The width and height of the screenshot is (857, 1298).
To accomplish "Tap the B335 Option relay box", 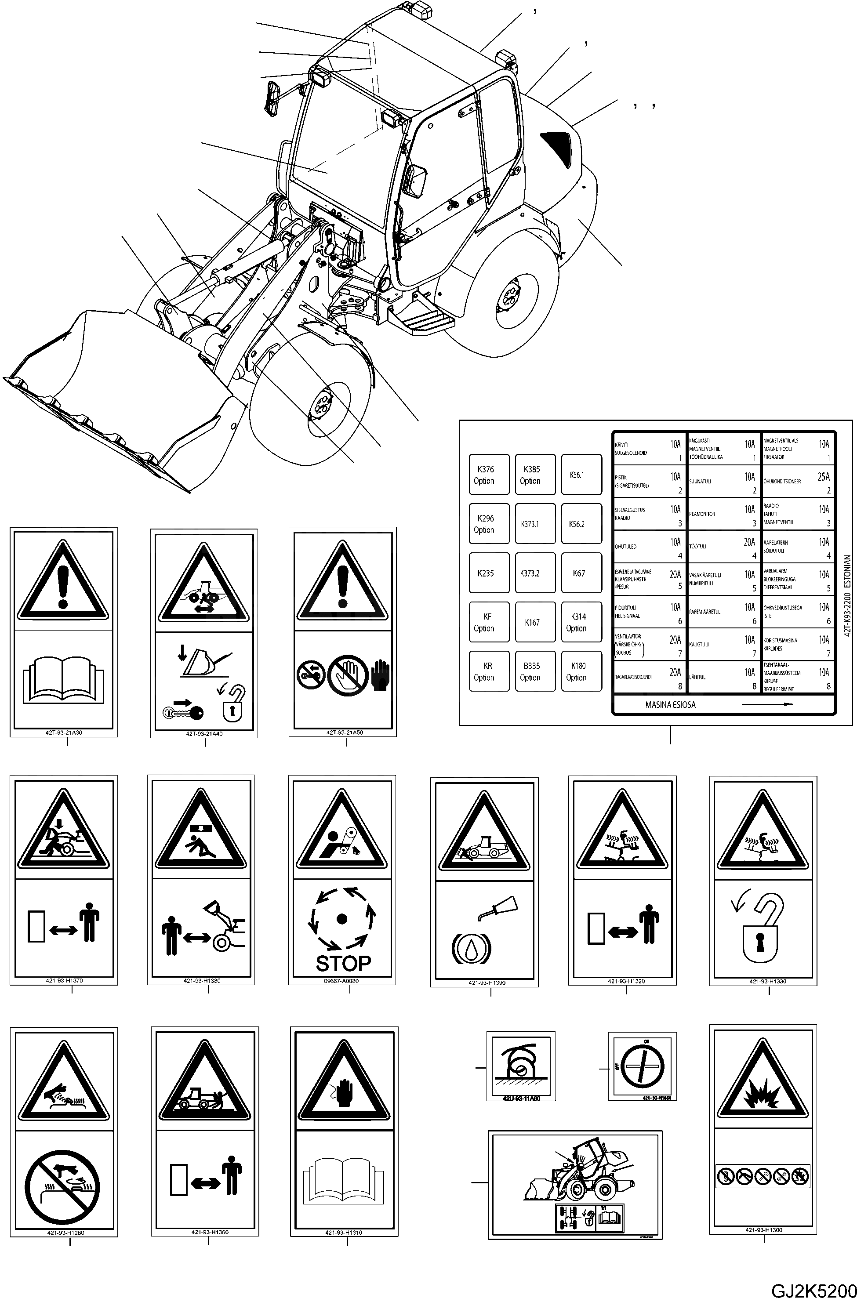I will pos(531,671).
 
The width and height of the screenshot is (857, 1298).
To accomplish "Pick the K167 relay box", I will pos(532,622).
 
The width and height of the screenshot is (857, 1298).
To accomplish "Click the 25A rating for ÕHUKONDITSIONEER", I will pos(823,477).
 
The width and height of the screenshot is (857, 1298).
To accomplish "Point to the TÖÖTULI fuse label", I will pos(697,546).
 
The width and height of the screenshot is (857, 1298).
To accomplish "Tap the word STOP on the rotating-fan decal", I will pos(343,964).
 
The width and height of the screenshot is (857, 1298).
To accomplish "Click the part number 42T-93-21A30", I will pos(64,732).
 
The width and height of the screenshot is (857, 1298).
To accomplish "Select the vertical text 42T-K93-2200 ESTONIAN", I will pos(847,595).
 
